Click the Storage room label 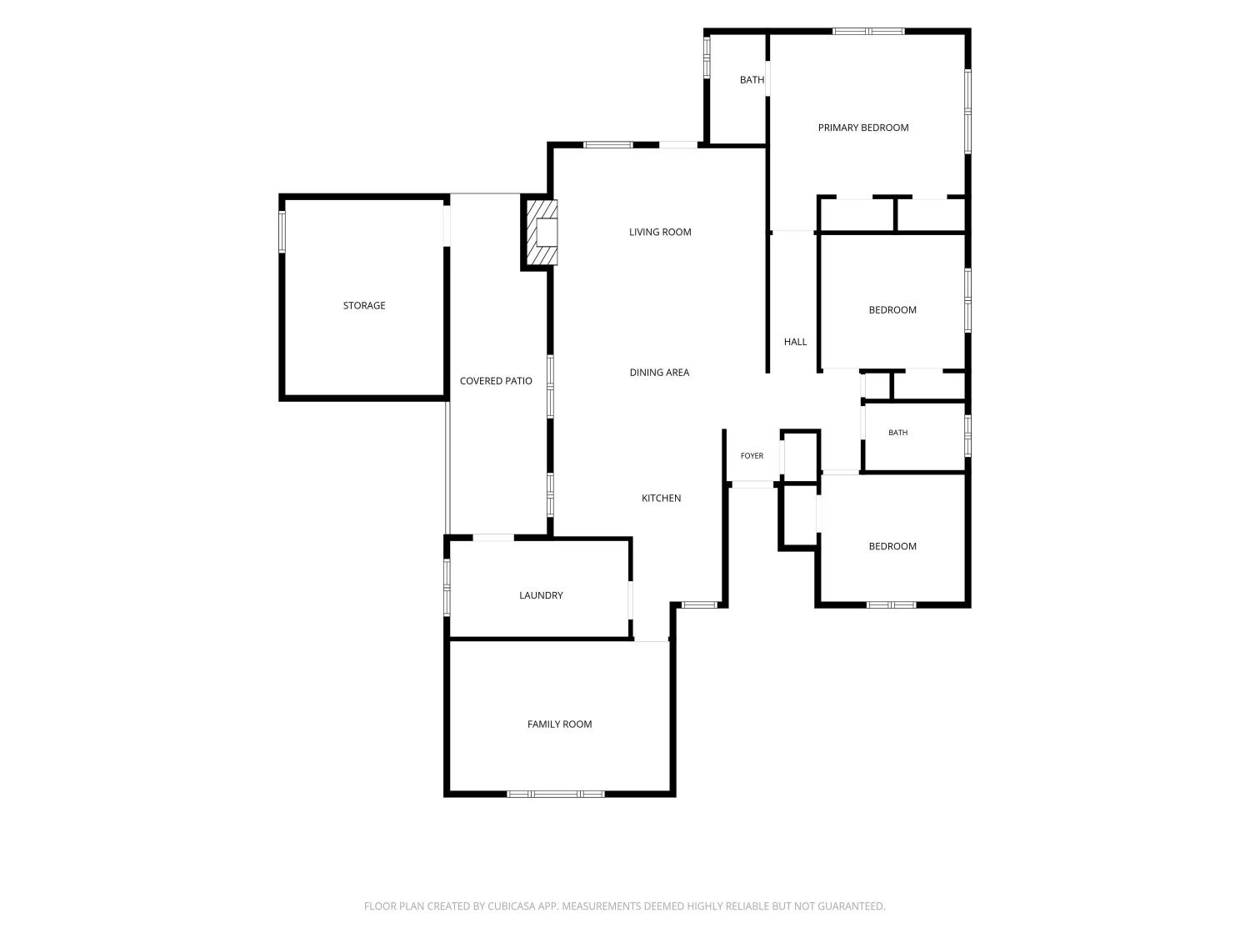click(x=364, y=305)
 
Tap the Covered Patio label click(x=496, y=380)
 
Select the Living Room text click(x=660, y=232)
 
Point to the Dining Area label click(x=659, y=372)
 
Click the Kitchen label click(x=661, y=498)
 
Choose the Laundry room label click(x=541, y=595)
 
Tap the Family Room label click(x=559, y=724)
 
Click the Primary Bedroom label click(x=863, y=128)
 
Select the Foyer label click(x=752, y=455)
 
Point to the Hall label click(x=795, y=342)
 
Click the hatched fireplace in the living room click(x=541, y=232)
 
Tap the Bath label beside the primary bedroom click(x=752, y=80)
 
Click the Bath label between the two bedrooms click(x=897, y=432)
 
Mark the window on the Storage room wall click(x=282, y=231)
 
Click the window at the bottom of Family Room click(x=555, y=794)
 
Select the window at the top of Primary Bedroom click(x=867, y=32)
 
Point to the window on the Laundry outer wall click(x=447, y=587)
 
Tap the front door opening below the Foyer click(x=752, y=484)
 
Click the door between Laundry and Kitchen click(x=630, y=599)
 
